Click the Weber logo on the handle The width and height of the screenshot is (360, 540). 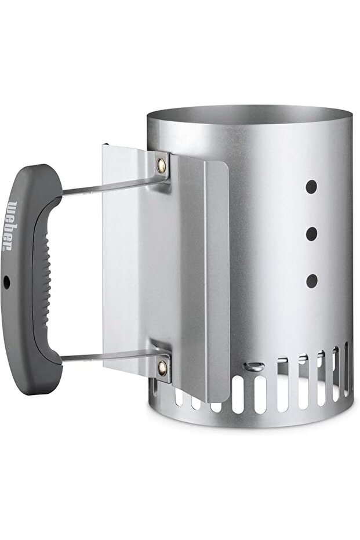click(9, 226)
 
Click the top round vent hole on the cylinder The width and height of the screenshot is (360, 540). click(311, 186)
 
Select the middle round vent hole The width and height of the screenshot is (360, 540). click(311, 234)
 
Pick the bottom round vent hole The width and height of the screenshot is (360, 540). click(311, 281)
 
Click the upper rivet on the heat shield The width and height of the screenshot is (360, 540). click(161, 164)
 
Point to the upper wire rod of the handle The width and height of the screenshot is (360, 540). click(114, 184)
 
